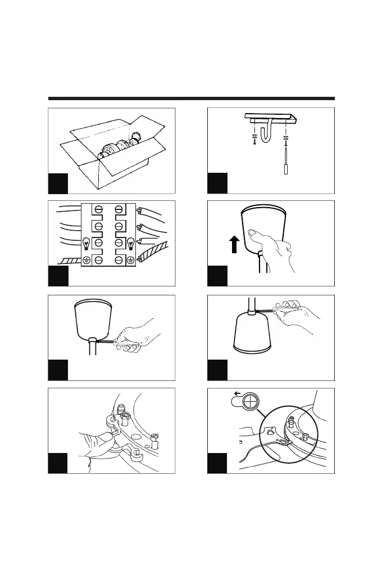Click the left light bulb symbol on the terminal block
tap(87, 243)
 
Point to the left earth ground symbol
tap(87, 259)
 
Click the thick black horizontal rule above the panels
tap(191, 98)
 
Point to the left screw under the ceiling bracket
tap(254, 141)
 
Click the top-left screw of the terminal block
tap(98, 210)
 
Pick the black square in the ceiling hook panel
tap(218, 184)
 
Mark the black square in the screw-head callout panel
tap(218, 463)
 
